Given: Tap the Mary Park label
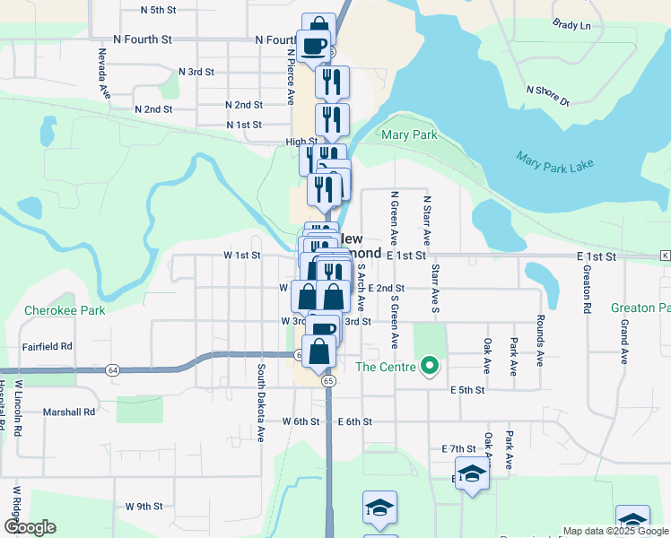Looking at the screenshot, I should click(x=409, y=135).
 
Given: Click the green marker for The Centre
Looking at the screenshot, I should click(x=430, y=366).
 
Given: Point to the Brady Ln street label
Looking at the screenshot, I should click(x=571, y=25).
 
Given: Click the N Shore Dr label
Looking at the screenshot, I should click(x=547, y=96).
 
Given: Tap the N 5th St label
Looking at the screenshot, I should click(x=160, y=10).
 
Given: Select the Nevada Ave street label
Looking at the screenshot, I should click(x=103, y=73).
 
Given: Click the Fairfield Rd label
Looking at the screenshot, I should click(x=47, y=345).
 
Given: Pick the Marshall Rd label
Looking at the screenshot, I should click(x=68, y=412).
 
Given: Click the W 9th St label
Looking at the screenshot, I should click(x=144, y=507).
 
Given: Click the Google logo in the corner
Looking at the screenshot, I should click(x=30, y=527).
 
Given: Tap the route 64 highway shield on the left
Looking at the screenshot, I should click(x=112, y=369).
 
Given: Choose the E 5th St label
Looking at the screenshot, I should click(x=467, y=390).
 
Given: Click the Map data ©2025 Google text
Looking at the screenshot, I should click(x=615, y=531).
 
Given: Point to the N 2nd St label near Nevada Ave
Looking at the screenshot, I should click(x=153, y=109).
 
